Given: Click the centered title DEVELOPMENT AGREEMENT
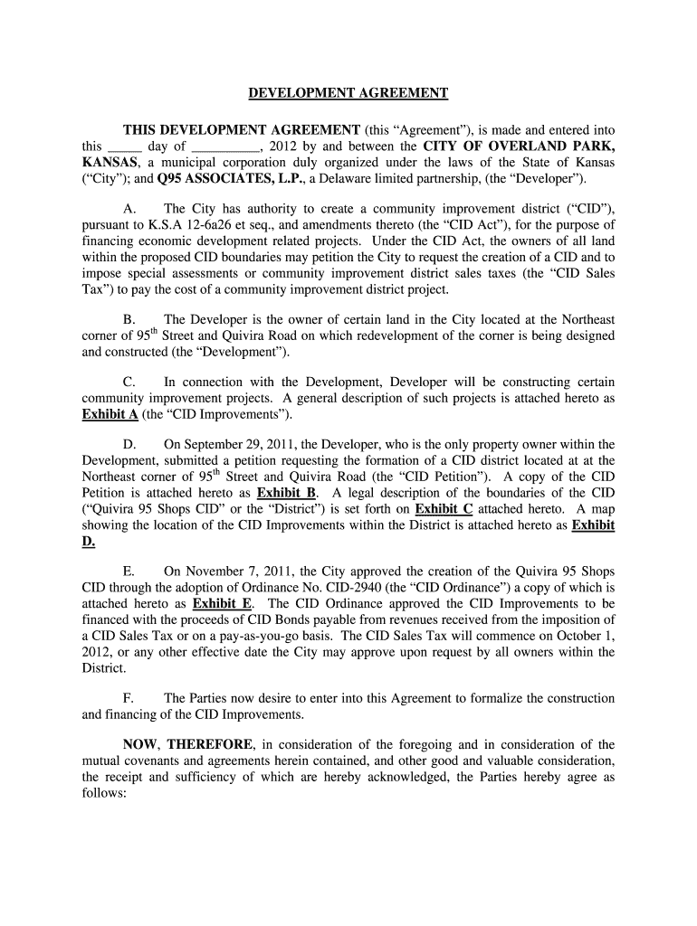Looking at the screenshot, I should click(348, 92).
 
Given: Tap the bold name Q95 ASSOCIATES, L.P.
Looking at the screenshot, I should click(217, 178).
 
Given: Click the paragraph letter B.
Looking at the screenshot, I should click(128, 319).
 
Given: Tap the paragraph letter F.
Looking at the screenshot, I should click(128, 698).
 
